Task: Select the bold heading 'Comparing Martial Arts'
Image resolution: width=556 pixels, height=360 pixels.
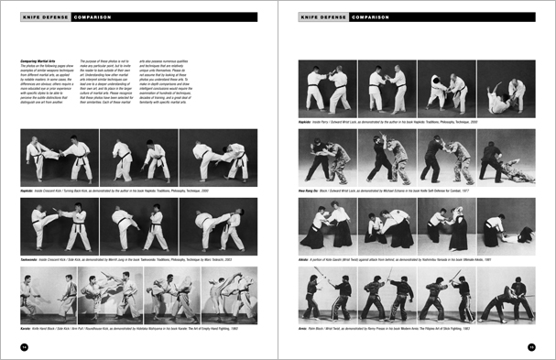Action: point(38,60)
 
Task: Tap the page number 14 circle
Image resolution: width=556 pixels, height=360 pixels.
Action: point(25,346)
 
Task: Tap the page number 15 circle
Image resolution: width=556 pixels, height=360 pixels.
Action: point(530,346)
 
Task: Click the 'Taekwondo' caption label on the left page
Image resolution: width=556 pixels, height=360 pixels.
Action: point(29,258)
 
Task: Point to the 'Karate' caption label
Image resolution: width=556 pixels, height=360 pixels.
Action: point(27,326)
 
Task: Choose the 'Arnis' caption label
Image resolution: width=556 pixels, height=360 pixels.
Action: point(304,326)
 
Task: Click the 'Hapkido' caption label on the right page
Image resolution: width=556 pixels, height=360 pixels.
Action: point(307,119)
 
